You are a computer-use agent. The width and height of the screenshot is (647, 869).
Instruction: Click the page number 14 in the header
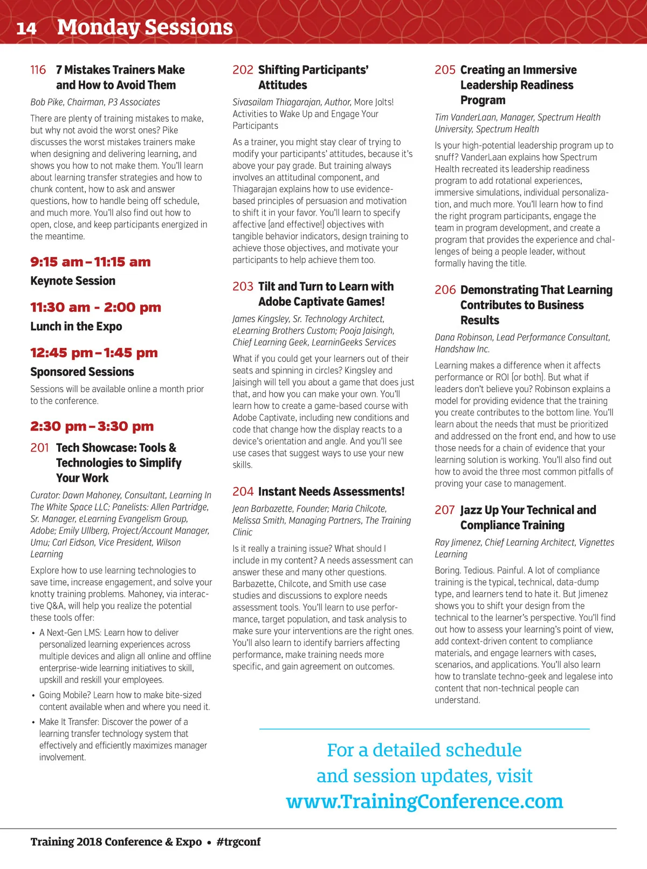pos(26,28)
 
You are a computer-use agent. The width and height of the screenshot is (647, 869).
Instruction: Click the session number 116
pos(38,70)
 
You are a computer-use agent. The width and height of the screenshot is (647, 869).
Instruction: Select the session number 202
pos(243,70)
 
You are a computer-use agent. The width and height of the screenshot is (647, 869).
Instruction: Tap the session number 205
pos(445,70)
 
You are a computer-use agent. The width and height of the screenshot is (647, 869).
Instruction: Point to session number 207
pos(445,510)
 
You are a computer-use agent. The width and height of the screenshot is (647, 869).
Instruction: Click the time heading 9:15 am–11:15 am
pos(91,262)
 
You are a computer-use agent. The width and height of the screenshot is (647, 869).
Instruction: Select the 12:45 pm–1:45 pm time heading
pos(94,353)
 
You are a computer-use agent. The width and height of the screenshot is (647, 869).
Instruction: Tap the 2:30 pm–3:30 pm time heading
pos(92,427)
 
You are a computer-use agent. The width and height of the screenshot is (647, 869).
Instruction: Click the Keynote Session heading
pos(73,281)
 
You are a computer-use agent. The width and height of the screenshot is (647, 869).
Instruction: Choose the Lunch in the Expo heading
pos(76,326)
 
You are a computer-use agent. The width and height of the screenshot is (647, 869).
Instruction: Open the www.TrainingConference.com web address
pos(424,802)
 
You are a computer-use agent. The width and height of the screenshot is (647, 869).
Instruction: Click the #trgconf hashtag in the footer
pos(238,842)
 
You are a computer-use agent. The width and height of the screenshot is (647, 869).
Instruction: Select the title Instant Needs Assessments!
pos(331,492)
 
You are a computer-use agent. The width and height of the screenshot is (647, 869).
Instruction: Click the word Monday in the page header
pos(98,27)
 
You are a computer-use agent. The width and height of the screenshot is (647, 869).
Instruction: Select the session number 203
pos(243,287)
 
